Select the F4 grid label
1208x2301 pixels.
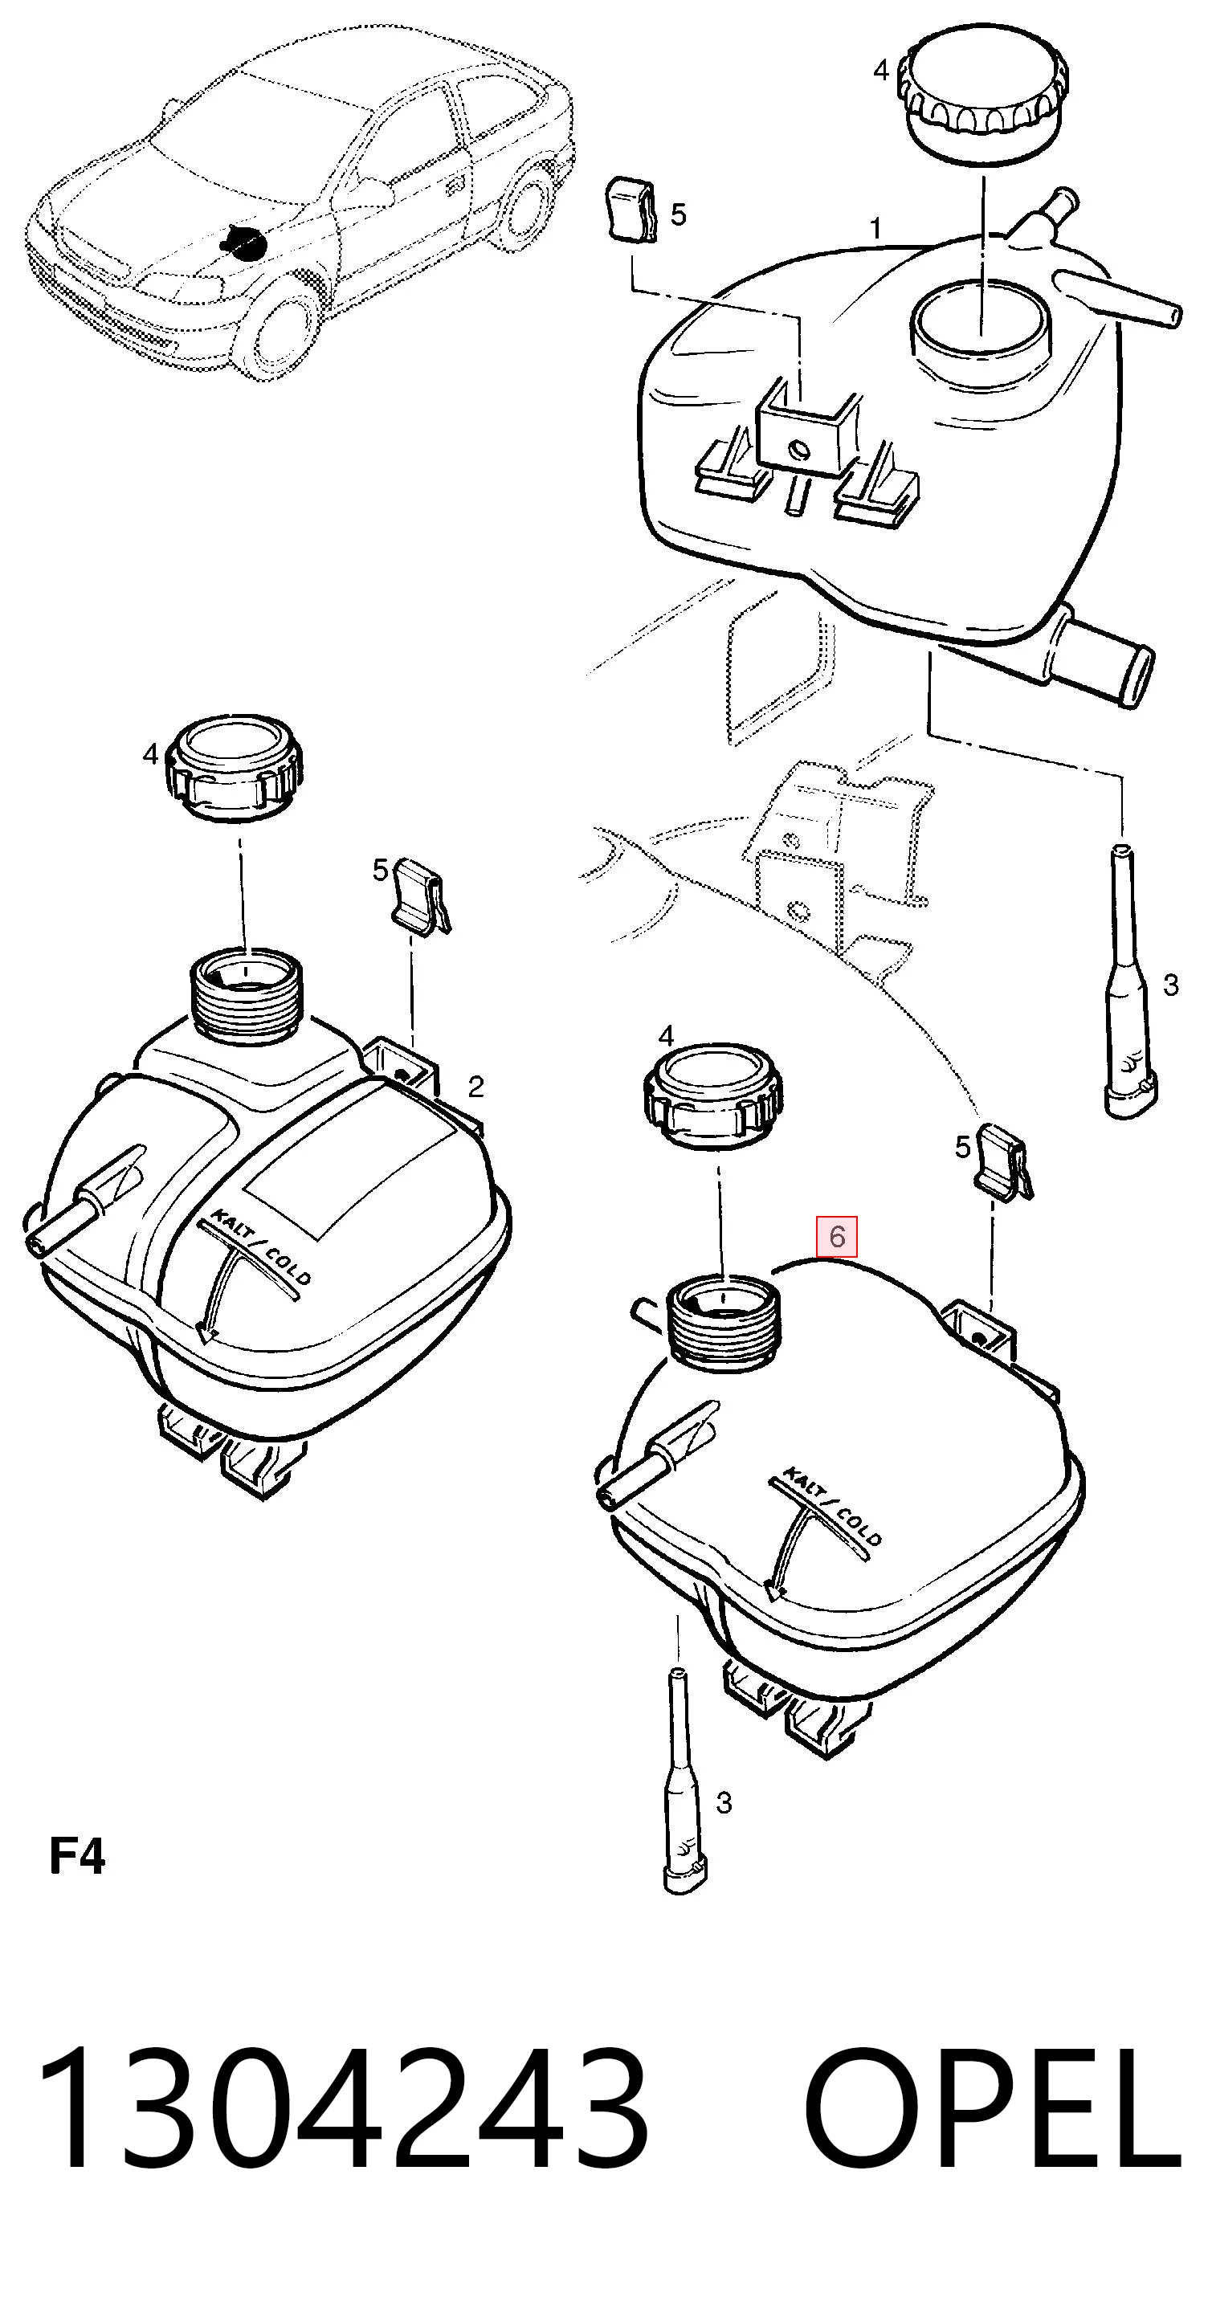pyautogui.click(x=77, y=1855)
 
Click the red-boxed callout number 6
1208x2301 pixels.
pyautogui.click(x=836, y=1236)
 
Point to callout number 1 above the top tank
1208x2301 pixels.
pyautogui.click(x=875, y=229)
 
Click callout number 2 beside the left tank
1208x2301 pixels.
pyautogui.click(x=475, y=1086)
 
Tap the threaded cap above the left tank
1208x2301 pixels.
pyautogui.click(x=236, y=768)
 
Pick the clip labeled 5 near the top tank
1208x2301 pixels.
pyautogui.click(x=631, y=210)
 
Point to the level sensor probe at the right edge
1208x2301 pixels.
pyautogui.click(x=1129, y=980)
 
